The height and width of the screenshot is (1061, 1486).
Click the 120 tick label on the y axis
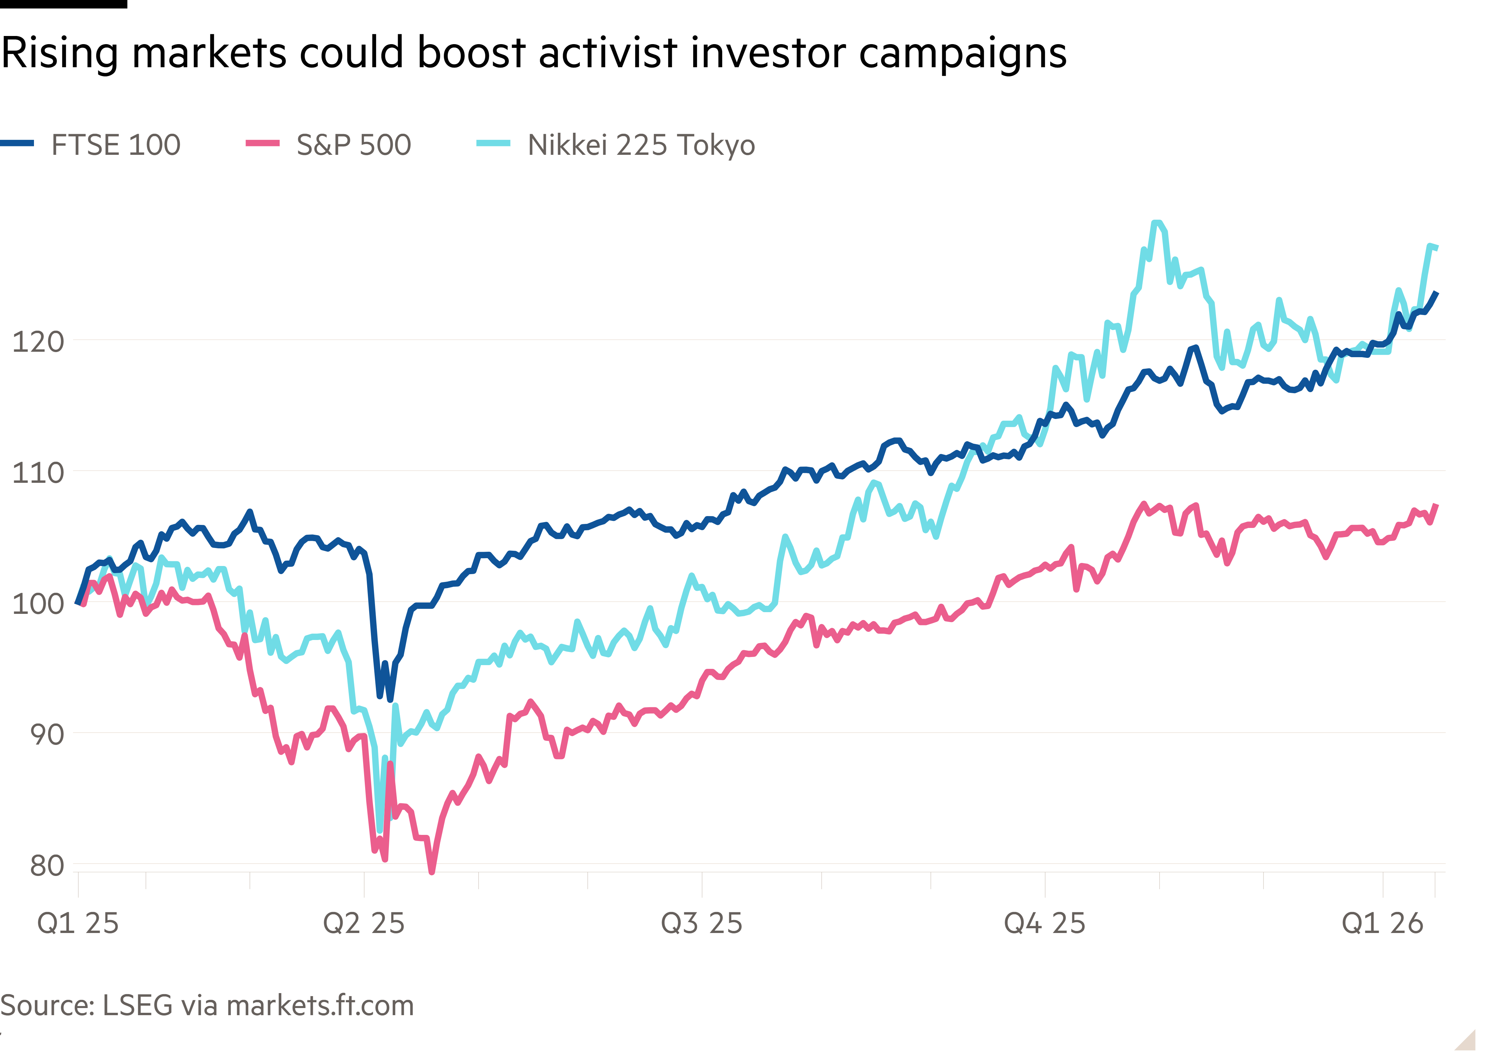(38, 341)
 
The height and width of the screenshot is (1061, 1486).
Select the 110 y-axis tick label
(38, 472)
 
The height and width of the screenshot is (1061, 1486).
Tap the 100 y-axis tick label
(38, 603)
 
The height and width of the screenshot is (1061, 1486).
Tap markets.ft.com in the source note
(320, 1005)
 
